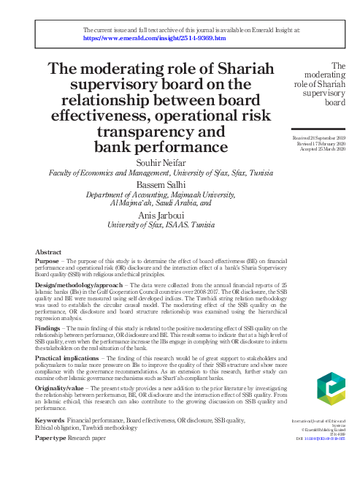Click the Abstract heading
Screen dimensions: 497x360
tap(48, 252)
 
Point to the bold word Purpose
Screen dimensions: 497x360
tap(48, 262)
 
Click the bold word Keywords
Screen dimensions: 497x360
tap(50, 421)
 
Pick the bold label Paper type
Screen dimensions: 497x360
tap(50, 438)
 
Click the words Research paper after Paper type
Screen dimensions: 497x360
tap(87, 438)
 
